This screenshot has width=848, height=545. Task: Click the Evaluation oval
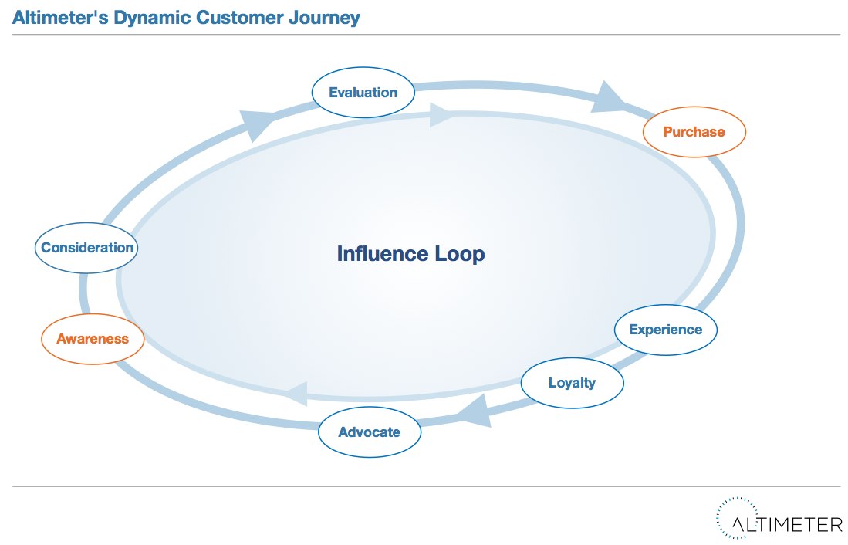[363, 93]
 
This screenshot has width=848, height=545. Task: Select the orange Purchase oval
[694, 132]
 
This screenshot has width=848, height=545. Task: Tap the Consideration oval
[87, 248]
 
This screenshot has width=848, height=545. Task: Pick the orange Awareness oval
[93, 339]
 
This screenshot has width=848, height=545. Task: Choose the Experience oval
[665, 330]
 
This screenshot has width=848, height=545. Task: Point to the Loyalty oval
[572, 382]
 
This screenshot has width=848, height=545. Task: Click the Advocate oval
[370, 432]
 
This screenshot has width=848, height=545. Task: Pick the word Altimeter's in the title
[59, 17]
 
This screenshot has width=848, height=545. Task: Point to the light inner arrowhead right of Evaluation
[440, 115]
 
